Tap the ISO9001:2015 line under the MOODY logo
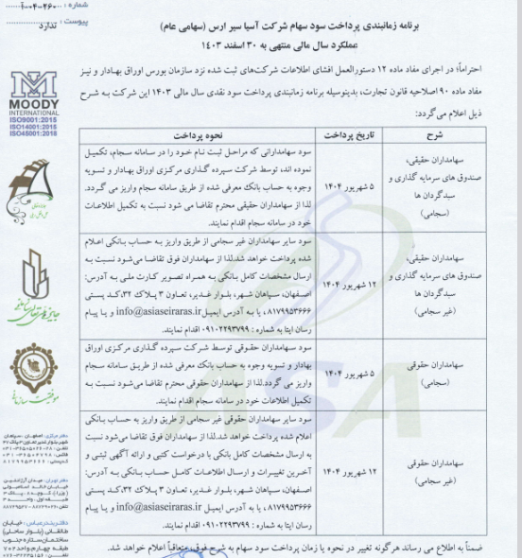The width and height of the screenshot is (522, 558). coord(34,120)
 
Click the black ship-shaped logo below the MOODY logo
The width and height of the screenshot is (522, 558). coord(35,182)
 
